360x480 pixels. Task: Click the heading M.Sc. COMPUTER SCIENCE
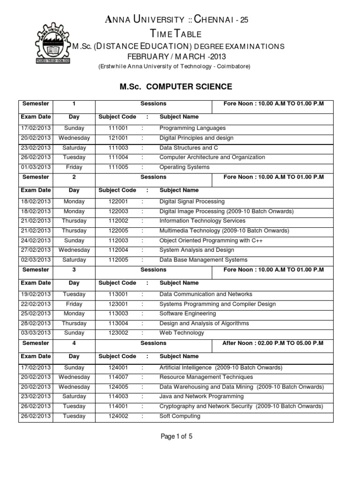click(x=176, y=86)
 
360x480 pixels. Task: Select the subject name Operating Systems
click(x=184, y=167)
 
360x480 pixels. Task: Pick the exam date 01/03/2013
click(x=35, y=167)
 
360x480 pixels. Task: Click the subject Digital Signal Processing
click(x=192, y=202)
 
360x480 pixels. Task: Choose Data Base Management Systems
click(x=203, y=260)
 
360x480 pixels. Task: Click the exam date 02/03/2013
click(x=35, y=260)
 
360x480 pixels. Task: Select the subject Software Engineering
click(x=187, y=314)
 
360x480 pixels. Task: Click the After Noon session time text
click(x=272, y=343)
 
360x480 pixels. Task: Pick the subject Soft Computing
click(x=180, y=416)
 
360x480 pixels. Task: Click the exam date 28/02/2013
click(x=35, y=323)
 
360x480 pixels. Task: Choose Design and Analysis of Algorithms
click(x=204, y=323)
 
